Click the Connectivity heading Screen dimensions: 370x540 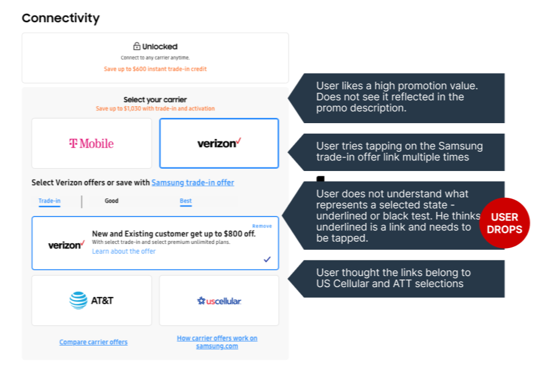click(61, 18)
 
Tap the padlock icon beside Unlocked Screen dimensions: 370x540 click(137, 46)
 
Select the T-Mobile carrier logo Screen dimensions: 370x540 click(91, 144)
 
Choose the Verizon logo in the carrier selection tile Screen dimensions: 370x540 click(219, 143)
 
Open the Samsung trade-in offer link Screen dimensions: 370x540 click(193, 183)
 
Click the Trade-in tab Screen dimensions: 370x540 click(50, 201)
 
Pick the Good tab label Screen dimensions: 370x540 click(111, 201)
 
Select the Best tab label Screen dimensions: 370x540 click(186, 201)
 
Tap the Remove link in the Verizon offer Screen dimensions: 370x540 click(262, 226)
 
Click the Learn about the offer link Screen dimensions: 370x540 click(124, 252)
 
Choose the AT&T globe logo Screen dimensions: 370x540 click(78, 301)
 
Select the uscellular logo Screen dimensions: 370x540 click(219, 301)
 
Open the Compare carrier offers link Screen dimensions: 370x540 click(93, 342)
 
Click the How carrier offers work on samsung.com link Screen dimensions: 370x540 click(217, 342)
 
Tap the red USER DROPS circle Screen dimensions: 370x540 click(504, 223)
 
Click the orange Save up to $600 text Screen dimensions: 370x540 click(155, 69)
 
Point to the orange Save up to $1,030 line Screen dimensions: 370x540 click(155, 109)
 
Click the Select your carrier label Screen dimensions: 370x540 click(155, 100)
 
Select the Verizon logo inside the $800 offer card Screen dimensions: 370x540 click(66, 245)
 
